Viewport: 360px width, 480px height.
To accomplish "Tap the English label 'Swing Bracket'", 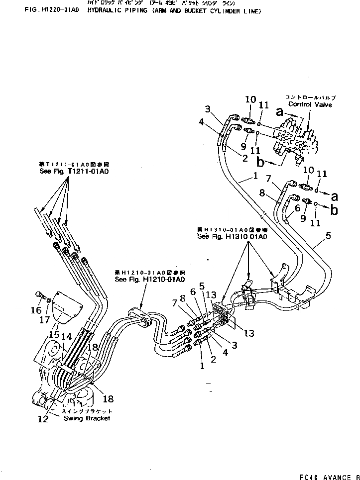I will click(x=87, y=418).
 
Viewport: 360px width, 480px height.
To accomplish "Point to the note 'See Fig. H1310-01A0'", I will click(x=232, y=237).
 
